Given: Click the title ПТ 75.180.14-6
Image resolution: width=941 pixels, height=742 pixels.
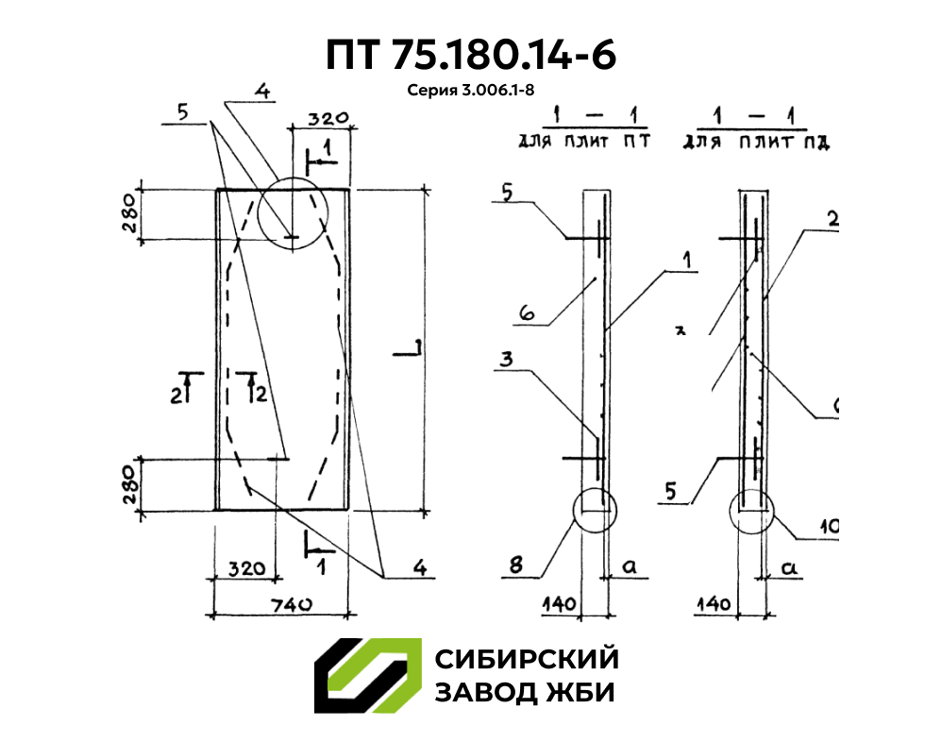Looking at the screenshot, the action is tap(471, 55).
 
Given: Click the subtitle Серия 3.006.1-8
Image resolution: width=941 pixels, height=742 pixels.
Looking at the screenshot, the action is tap(470, 92).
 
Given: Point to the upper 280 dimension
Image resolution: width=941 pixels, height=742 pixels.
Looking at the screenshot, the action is tap(129, 214).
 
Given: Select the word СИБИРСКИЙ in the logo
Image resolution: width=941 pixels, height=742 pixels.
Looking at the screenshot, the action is tap(526, 658).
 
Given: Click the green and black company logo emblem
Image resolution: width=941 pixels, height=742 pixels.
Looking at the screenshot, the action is tap(367, 676).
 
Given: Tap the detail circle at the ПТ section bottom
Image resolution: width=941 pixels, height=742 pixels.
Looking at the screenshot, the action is tap(595, 511).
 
